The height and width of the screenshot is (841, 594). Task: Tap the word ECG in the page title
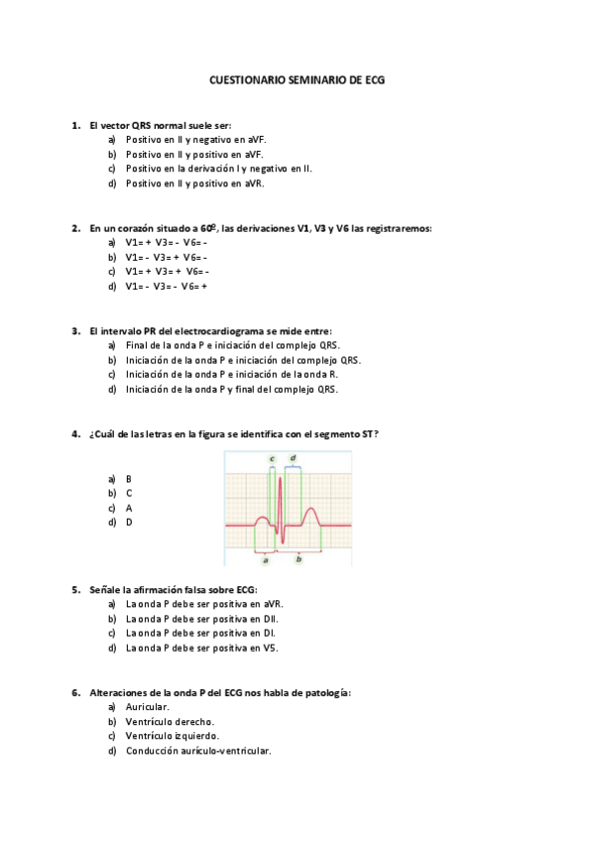coord(374,78)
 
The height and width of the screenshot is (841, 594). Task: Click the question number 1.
coord(75,126)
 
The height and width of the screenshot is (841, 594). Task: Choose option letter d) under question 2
coord(112,286)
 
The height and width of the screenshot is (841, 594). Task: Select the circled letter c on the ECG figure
coord(272,458)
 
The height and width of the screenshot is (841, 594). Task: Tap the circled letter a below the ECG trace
coord(266,559)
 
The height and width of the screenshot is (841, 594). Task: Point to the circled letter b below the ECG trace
coord(298,559)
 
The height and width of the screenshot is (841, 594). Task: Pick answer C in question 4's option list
coord(129,493)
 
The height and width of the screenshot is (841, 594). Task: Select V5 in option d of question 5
coord(271,648)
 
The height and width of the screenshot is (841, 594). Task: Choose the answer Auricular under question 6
coord(148,707)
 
